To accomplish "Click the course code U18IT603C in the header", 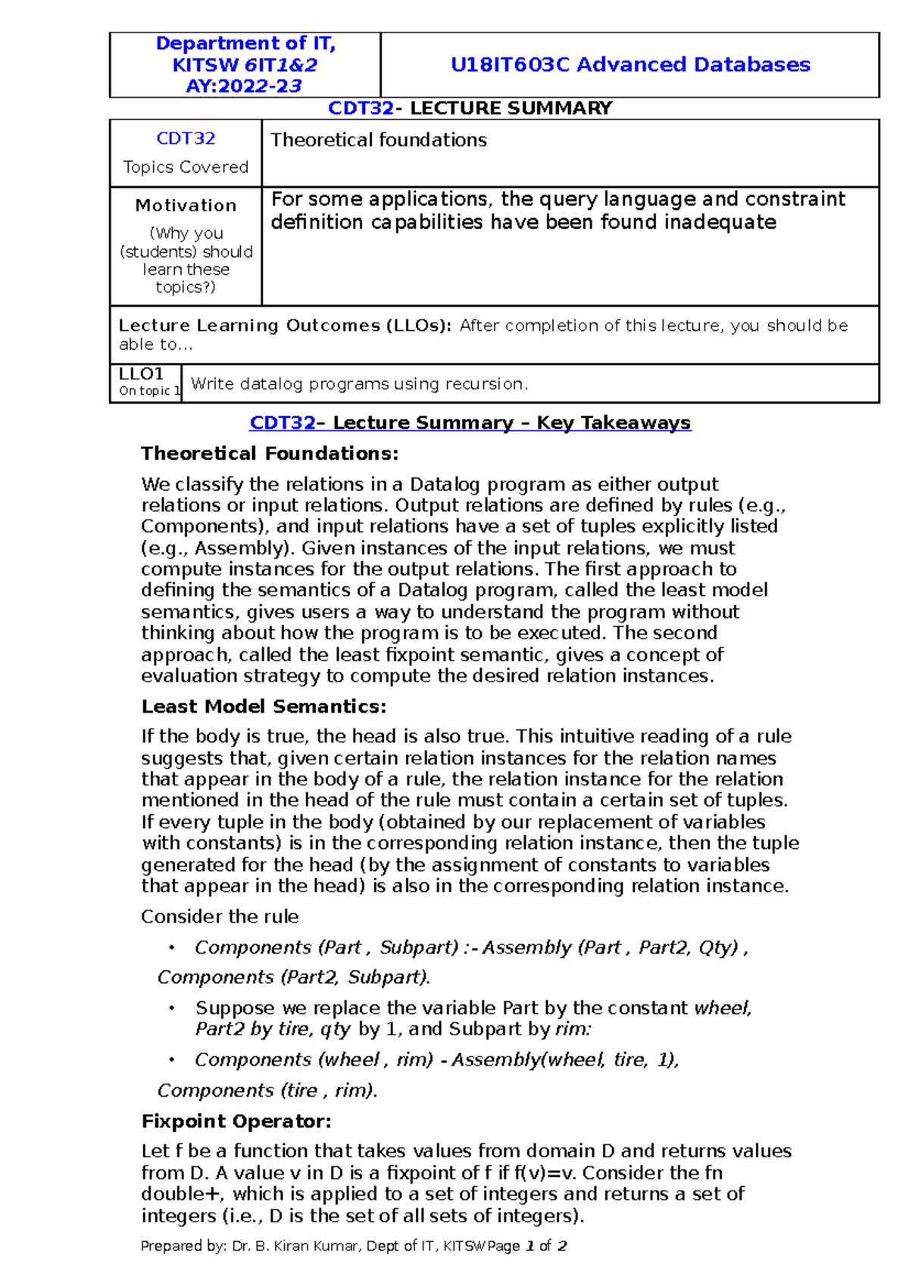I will (510, 65).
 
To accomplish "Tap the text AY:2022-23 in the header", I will (244, 86).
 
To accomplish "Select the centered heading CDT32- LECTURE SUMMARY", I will (470, 108).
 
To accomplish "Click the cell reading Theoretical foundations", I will (379, 140).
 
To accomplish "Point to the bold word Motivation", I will (186, 205).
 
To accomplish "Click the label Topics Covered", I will (186, 167).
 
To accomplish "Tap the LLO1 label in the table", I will (142, 374).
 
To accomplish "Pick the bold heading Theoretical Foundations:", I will (270, 454).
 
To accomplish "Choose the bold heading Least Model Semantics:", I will (264, 707).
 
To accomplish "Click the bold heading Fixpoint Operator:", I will (236, 1121).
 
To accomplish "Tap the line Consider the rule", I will (220, 916).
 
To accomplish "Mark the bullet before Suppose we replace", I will (172, 1008).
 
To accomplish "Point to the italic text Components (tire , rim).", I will (267, 1091).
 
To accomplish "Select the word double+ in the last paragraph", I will (182, 1194).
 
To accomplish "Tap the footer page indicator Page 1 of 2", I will (527, 1246).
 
